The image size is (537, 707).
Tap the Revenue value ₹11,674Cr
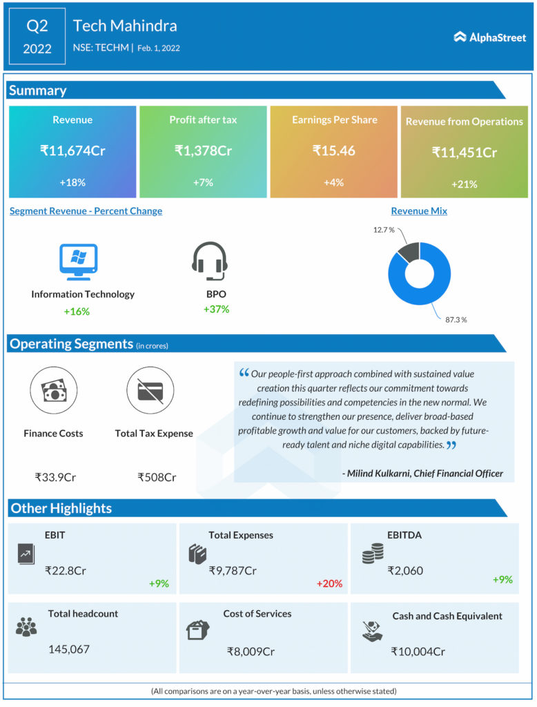pyautogui.click(x=72, y=150)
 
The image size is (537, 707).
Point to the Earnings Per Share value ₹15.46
pyautogui.click(x=334, y=150)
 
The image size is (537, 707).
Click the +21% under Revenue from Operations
pyautogui.click(x=464, y=184)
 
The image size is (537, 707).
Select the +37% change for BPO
pyautogui.click(x=216, y=309)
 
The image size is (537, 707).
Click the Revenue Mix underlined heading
pyautogui.click(x=419, y=211)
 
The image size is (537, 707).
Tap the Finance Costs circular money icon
pyautogui.click(x=54, y=390)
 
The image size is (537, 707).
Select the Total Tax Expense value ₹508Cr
pyautogui.click(x=157, y=477)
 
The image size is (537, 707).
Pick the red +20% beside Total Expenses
pyautogui.click(x=329, y=583)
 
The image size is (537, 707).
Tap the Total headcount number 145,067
pyautogui.click(x=69, y=649)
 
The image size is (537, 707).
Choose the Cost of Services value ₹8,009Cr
pyautogui.click(x=251, y=651)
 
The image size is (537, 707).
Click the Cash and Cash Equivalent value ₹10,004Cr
pyautogui.click(x=418, y=651)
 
